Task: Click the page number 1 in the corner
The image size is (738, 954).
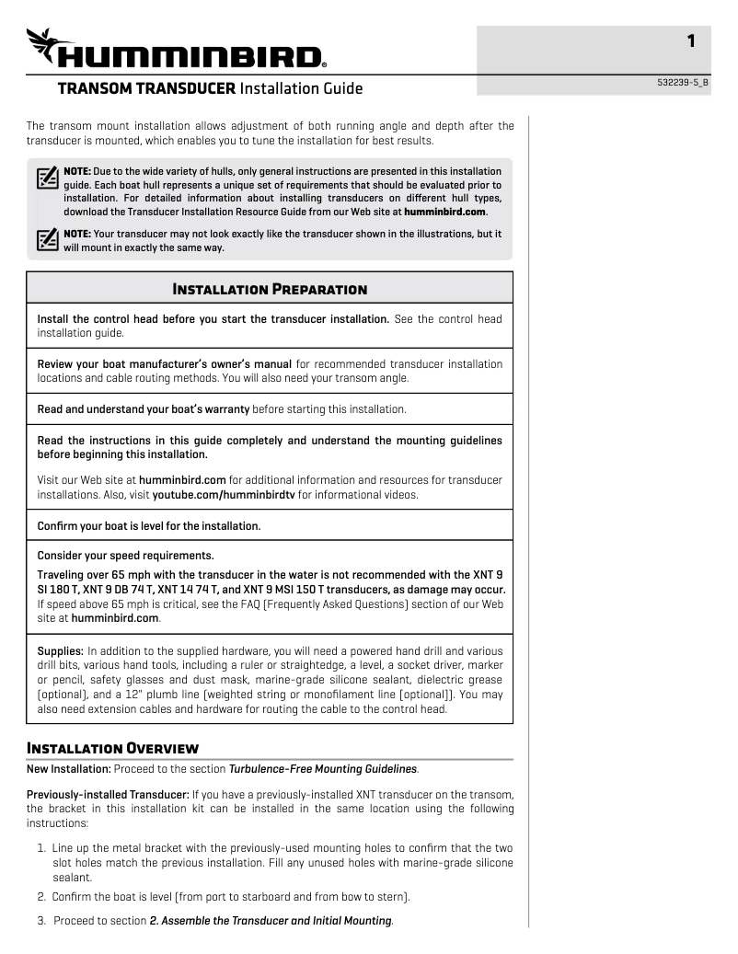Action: point(690,40)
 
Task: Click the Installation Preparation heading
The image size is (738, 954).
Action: point(270,289)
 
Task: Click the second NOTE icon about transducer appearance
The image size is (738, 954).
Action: point(47,239)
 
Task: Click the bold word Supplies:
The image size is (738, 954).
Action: point(60,650)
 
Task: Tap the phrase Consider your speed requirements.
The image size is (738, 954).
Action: point(125,555)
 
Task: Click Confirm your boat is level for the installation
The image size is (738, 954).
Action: point(148,525)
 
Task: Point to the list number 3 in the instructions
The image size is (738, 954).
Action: point(41,920)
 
